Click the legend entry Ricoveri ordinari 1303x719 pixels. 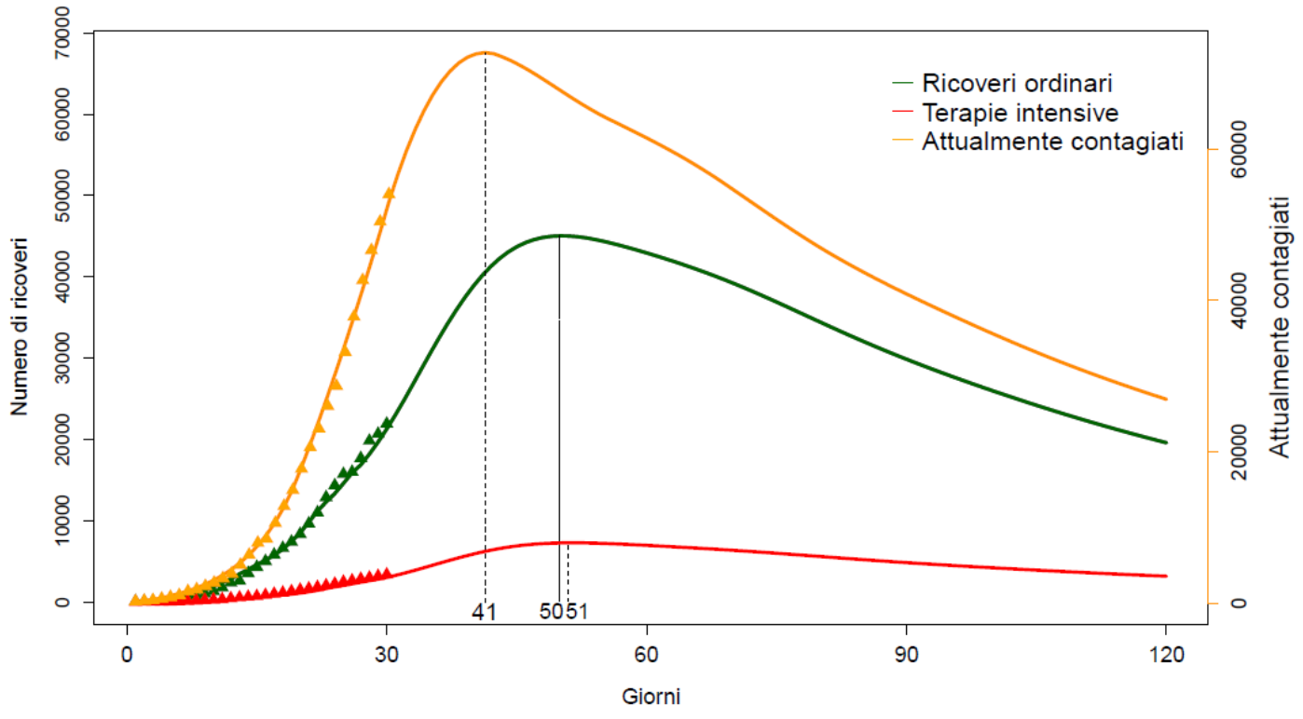(x=1017, y=83)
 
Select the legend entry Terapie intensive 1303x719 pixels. (x=1021, y=113)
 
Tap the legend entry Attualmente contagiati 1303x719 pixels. (x=1052, y=142)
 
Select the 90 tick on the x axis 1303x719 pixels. (x=906, y=655)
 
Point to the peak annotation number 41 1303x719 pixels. (x=484, y=612)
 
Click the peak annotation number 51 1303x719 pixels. (x=577, y=612)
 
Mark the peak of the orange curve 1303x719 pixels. (x=485, y=52)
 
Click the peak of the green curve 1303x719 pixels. (x=559, y=235)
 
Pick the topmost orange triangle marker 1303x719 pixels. (x=390, y=193)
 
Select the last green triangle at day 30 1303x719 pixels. (x=388, y=422)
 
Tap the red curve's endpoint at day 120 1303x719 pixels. (x=1165, y=576)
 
